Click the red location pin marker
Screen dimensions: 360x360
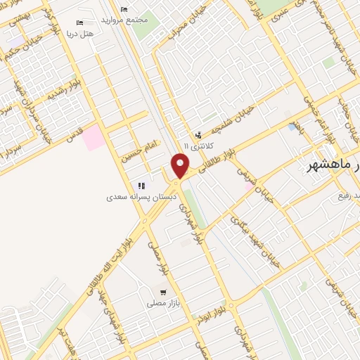(x=181, y=166)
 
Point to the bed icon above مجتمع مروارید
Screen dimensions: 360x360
(x=124, y=9)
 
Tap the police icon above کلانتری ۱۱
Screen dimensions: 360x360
(x=199, y=134)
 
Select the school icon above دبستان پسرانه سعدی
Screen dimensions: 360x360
(x=141, y=186)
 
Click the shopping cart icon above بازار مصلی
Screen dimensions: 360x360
(x=163, y=291)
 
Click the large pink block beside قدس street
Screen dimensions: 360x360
(x=92, y=139)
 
